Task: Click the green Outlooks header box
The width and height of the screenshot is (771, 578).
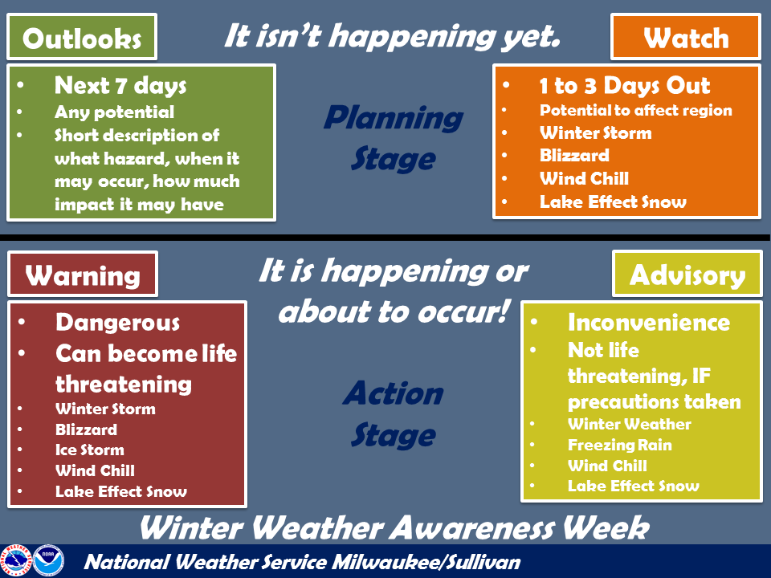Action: (x=82, y=37)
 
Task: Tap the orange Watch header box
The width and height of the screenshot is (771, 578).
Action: (x=685, y=37)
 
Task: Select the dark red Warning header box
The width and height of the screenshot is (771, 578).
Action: (x=83, y=275)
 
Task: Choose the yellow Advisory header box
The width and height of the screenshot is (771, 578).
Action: (x=687, y=275)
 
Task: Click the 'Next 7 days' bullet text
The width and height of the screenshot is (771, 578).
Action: (x=120, y=85)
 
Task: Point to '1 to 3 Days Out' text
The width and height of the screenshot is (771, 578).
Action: (x=625, y=87)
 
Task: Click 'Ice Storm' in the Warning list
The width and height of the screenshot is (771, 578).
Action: (x=90, y=450)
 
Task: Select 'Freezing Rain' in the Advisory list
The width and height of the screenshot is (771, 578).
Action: (x=619, y=445)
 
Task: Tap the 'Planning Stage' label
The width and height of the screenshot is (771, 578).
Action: (x=393, y=138)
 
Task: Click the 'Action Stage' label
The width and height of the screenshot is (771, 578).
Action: (x=394, y=414)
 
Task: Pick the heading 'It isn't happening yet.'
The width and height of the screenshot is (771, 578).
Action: (x=391, y=37)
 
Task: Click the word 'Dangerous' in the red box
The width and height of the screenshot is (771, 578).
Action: (x=117, y=323)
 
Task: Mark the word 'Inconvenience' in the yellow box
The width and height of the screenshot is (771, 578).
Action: (x=649, y=323)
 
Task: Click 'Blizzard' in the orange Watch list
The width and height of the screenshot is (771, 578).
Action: (x=574, y=156)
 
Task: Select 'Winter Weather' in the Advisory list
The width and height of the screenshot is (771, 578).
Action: (x=629, y=424)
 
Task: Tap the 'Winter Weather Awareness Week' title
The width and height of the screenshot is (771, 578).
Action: (x=394, y=528)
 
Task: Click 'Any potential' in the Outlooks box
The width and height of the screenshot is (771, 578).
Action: (x=114, y=112)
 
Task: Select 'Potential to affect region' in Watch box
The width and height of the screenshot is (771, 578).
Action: (x=635, y=111)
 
